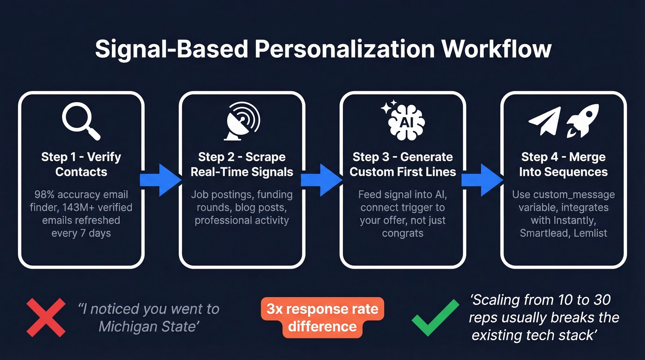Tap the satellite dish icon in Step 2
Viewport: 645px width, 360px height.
(241, 120)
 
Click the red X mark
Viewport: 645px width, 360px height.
(46, 318)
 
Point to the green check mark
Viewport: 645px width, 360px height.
(435, 318)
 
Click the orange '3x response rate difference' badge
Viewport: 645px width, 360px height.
(322, 318)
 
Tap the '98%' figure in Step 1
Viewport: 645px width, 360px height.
(47, 195)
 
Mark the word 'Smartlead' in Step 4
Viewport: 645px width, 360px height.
(544, 233)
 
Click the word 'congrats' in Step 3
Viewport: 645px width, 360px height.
(402, 233)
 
